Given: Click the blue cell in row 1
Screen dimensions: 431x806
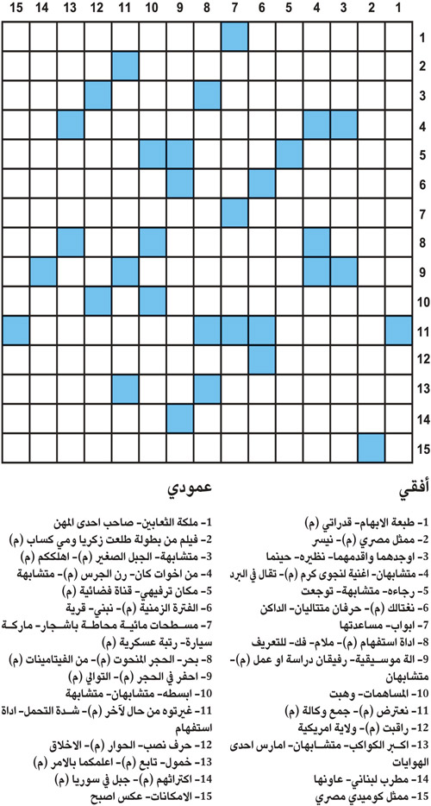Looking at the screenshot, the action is click(234, 37).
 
